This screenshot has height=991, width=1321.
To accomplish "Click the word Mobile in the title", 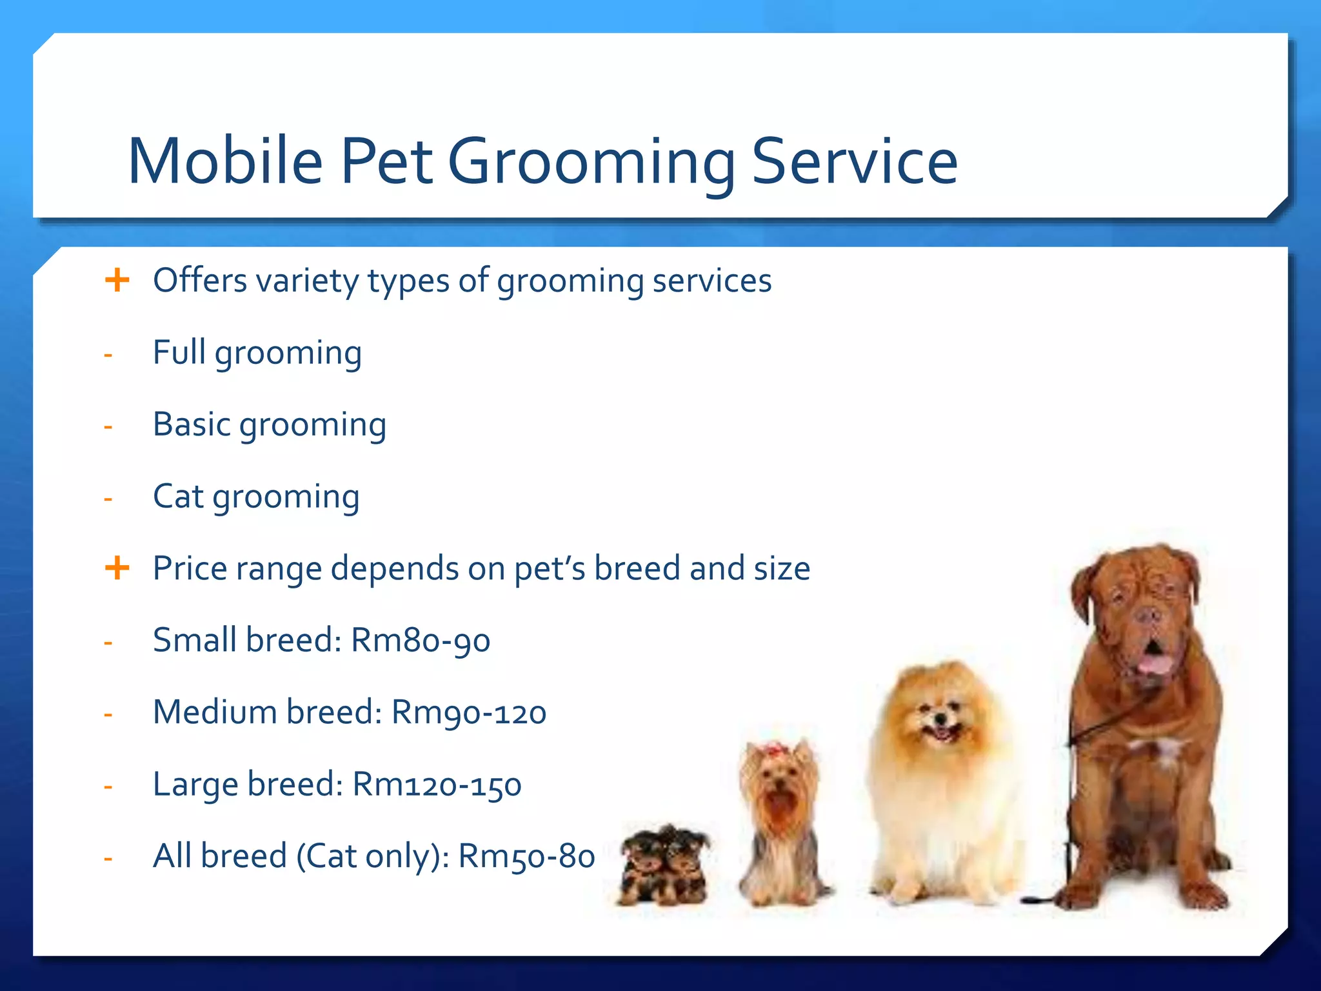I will click(225, 161).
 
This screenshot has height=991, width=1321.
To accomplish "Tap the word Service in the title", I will click(855, 161).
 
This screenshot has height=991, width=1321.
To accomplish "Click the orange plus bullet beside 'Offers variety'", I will click(117, 281).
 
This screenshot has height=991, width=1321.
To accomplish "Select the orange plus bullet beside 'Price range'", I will click(117, 568).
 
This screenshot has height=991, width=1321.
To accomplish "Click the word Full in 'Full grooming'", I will click(179, 352).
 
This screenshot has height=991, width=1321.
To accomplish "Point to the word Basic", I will click(192, 425).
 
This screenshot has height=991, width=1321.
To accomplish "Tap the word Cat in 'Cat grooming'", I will click(178, 497).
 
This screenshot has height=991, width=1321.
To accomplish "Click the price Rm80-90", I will click(421, 641).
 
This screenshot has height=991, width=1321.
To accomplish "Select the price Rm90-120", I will click(469, 713).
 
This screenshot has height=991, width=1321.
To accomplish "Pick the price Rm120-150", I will click(437, 785).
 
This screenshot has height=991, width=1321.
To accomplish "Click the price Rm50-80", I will click(526, 857).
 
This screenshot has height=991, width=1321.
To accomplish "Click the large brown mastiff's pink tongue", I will click(1152, 665).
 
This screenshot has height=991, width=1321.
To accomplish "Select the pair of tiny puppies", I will click(664, 865).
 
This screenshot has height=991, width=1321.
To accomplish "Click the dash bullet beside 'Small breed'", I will click(108, 643).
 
